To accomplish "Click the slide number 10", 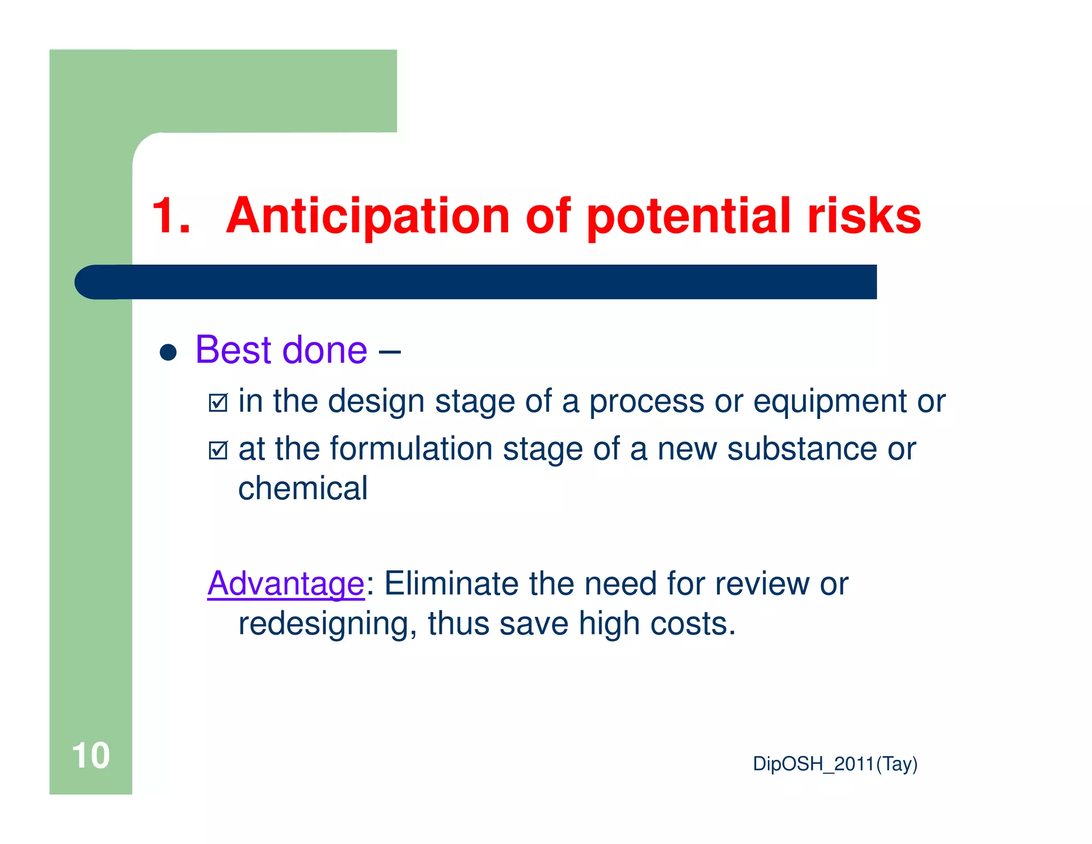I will pyautogui.click(x=91, y=755).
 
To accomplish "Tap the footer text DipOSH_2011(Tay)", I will pyautogui.click(x=834, y=764).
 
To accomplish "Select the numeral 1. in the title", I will pyautogui.click(x=171, y=216).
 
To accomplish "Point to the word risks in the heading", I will pyautogui.click(x=864, y=216).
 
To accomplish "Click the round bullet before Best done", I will pyautogui.click(x=168, y=352).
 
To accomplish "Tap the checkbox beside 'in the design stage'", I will pyautogui.click(x=218, y=403).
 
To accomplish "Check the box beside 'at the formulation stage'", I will pyautogui.click(x=218, y=451).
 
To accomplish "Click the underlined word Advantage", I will pyautogui.click(x=286, y=584).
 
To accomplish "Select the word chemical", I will pyautogui.click(x=302, y=488).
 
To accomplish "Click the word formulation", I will pyautogui.click(x=411, y=449).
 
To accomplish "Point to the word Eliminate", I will pyautogui.click(x=451, y=583).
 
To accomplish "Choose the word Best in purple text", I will pyautogui.click(x=234, y=350).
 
